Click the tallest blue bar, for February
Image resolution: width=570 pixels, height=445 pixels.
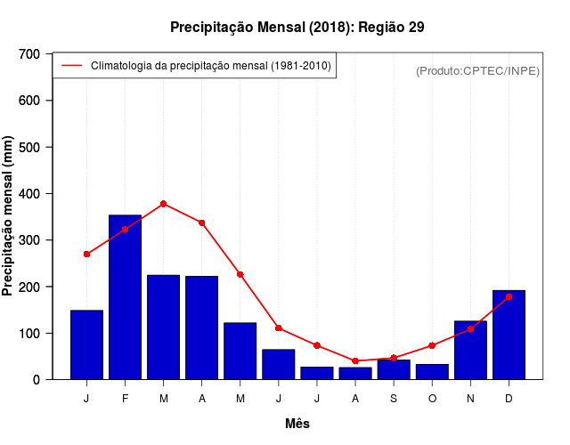pyautogui.click(x=125, y=297)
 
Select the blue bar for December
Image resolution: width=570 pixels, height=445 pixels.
pyautogui.click(x=509, y=335)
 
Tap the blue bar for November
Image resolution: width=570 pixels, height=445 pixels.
pyautogui.click(x=470, y=350)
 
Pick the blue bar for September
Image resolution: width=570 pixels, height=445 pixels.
pyautogui.click(x=394, y=369)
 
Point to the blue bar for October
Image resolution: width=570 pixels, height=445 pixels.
pyautogui.click(x=432, y=371)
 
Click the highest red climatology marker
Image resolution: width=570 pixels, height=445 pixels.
pyautogui.click(x=163, y=204)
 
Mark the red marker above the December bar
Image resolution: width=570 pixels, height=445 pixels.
pyautogui.click(x=509, y=296)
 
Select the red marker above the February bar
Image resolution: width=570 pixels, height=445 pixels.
pyautogui.click(x=125, y=230)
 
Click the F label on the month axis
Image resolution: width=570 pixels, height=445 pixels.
pyautogui.click(x=125, y=399)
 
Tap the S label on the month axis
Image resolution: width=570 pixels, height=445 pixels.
pyautogui.click(x=394, y=399)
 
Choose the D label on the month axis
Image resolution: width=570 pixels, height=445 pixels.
pyautogui.click(x=509, y=399)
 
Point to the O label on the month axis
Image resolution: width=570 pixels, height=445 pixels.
pyautogui.click(x=432, y=399)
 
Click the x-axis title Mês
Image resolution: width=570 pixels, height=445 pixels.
pyautogui.click(x=297, y=424)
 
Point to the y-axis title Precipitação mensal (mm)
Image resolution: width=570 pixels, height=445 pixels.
pyautogui.click(x=9, y=216)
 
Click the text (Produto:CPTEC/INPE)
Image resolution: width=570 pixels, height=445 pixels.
pyautogui.click(x=477, y=70)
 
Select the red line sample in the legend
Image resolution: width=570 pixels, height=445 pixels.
pyautogui.click(x=71, y=65)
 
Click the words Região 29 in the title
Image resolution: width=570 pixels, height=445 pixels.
pyautogui.click(x=392, y=27)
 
